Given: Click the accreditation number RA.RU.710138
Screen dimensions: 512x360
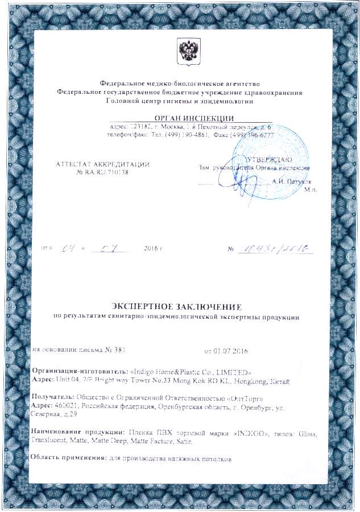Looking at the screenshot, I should click(x=103, y=172).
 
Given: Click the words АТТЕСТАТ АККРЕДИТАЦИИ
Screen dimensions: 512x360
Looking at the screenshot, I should click(x=102, y=164).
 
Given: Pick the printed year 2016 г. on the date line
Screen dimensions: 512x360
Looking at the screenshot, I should click(x=154, y=249).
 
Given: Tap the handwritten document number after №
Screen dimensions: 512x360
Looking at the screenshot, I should click(x=275, y=248).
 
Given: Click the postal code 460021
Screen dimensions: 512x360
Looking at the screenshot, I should click(x=67, y=407).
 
